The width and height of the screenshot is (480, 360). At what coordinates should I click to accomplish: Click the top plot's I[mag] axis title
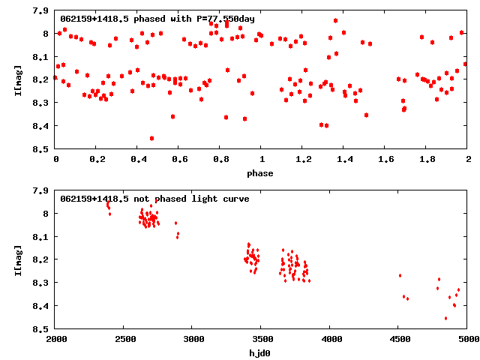coord(17,79)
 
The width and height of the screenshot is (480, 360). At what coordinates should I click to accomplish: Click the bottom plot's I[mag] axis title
coord(17,259)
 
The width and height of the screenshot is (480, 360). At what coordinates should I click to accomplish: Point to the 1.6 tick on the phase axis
coord(385,160)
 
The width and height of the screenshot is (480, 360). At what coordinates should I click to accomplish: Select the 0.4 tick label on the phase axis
coord(138,160)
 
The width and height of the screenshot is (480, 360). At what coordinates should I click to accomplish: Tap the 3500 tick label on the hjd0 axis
coord(262,339)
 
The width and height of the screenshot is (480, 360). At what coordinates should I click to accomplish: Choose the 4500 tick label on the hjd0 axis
coord(399,339)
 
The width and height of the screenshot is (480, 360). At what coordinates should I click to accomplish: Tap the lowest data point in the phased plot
coord(152,138)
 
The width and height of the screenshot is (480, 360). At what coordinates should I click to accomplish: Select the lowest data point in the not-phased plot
coord(445,318)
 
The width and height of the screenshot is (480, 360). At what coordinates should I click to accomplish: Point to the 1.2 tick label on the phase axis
coord(303,160)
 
